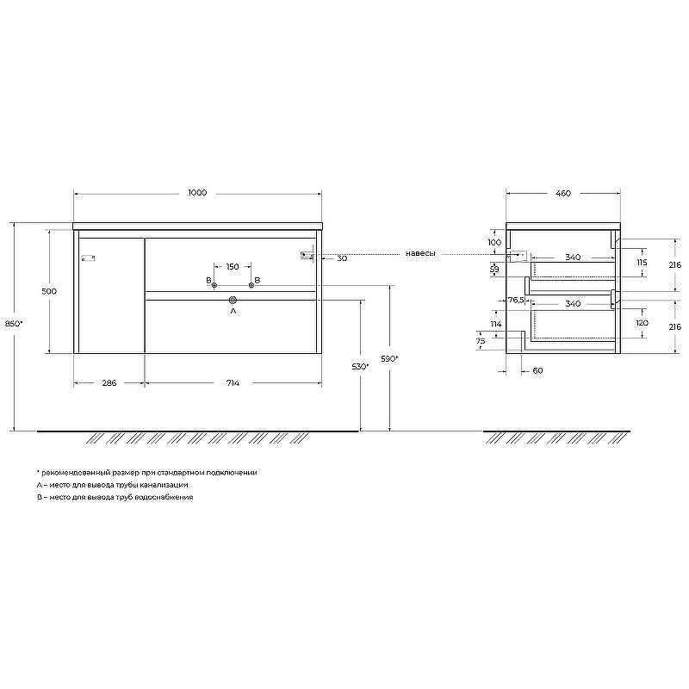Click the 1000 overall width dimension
[x=197, y=194]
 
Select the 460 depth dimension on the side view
[x=562, y=194]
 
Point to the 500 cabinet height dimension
[x=49, y=291]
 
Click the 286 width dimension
[x=109, y=383]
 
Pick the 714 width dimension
[x=233, y=383]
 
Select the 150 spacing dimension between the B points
[x=233, y=266]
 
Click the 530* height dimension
[x=360, y=366]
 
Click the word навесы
[x=421, y=254]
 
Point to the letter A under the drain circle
[x=233, y=312]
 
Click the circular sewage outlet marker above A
[x=233, y=300]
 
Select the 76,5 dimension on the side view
[x=516, y=300]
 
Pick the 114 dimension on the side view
[x=495, y=324]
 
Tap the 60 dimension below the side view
[x=538, y=371]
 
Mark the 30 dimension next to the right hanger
[x=342, y=258]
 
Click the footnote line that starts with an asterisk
[x=146, y=473]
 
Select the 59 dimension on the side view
[x=494, y=270]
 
